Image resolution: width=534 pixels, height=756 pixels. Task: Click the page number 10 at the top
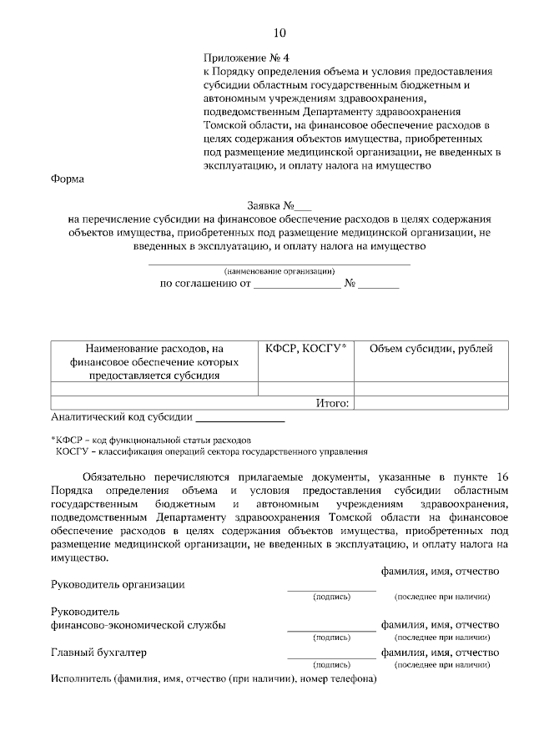(x=280, y=33)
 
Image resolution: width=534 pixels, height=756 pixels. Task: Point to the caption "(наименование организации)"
(x=280, y=270)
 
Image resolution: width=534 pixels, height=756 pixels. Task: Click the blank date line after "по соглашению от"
(x=298, y=285)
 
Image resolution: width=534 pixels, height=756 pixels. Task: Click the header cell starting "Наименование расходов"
(x=154, y=361)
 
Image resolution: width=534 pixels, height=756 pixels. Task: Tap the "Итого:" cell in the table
(x=332, y=403)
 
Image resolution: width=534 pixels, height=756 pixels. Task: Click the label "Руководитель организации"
(x=118, y=585)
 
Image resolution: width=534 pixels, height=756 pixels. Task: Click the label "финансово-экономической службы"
(x=138, y=624)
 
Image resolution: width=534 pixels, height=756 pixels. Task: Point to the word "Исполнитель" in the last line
(x=81, y=679)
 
